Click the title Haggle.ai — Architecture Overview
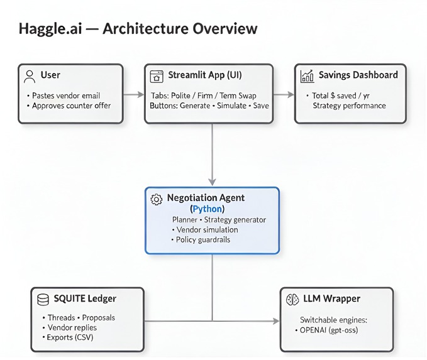[138, 29]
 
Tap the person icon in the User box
[29, 76]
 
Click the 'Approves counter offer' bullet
[69, 106]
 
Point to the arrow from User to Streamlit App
[133, 94]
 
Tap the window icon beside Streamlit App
[157, 76]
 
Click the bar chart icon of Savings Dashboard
[308, 76]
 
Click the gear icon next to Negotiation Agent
[157, 199]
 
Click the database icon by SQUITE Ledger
[43, 298]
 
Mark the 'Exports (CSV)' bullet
[69, 337]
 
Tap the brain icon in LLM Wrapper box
[292, 299]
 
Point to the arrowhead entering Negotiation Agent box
[212, 183]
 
